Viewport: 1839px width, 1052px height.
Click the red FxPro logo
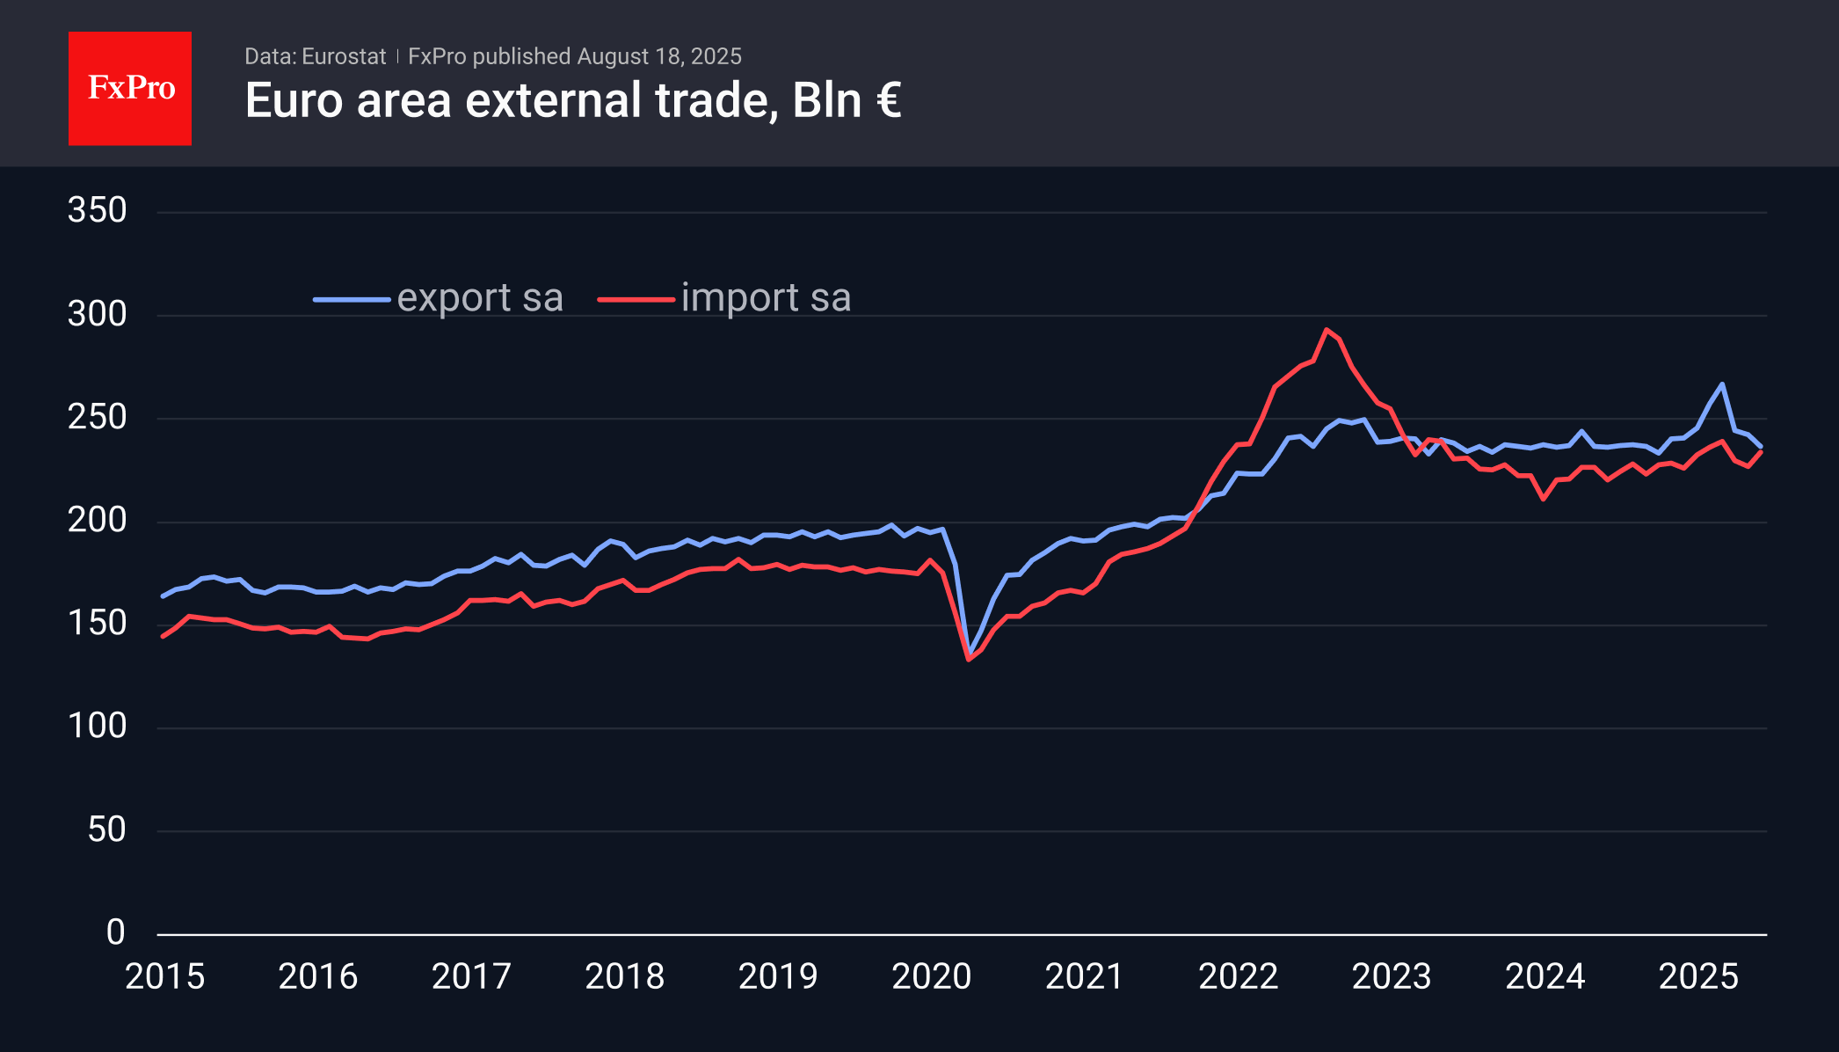130,89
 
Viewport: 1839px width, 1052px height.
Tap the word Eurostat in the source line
344,56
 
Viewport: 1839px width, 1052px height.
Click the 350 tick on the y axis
98,210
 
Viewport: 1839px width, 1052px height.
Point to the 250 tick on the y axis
98,417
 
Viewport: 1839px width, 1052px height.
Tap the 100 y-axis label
98,727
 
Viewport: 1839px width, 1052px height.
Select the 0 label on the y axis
115,932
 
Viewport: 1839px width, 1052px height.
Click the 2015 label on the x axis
164,976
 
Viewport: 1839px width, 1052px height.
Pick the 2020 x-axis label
931,976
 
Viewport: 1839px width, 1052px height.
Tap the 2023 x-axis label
1391,976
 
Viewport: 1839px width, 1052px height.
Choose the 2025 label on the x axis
1697,976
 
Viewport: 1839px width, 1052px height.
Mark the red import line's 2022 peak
1327,330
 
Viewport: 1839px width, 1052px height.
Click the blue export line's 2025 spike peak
1721,384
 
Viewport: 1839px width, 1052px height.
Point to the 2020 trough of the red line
969,659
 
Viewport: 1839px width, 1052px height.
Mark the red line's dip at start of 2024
1544,499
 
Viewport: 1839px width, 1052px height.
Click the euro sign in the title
888,100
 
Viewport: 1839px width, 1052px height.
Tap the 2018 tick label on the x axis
624,976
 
